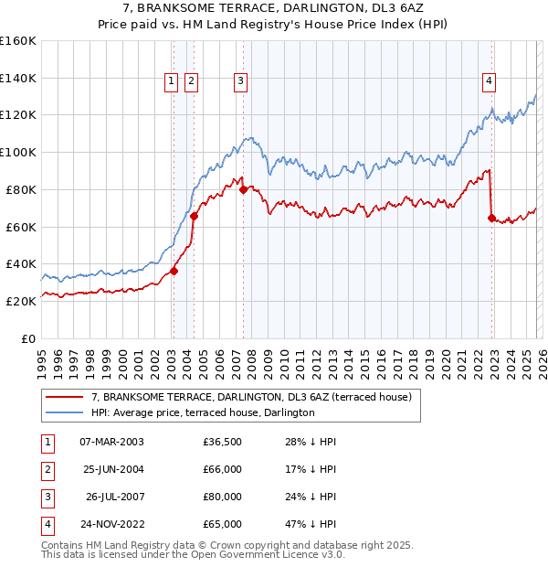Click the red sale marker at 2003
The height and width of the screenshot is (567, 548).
pos(174,270)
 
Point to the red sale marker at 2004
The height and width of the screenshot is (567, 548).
pos(195,216)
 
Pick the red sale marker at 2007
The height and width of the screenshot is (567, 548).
pos(244,189)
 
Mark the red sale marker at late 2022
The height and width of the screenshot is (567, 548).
pos(492,218)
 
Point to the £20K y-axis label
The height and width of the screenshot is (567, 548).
pos(20,301)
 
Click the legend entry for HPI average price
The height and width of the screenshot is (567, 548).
pos(203,412)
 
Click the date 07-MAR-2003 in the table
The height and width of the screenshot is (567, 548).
pos(111,441)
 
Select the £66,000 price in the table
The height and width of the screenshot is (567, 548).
pos(223,469)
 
